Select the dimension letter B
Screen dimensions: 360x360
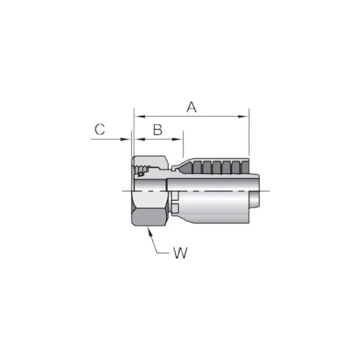(157, 130)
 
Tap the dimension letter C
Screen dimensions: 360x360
(100, 130)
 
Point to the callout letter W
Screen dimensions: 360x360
(180, 253)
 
